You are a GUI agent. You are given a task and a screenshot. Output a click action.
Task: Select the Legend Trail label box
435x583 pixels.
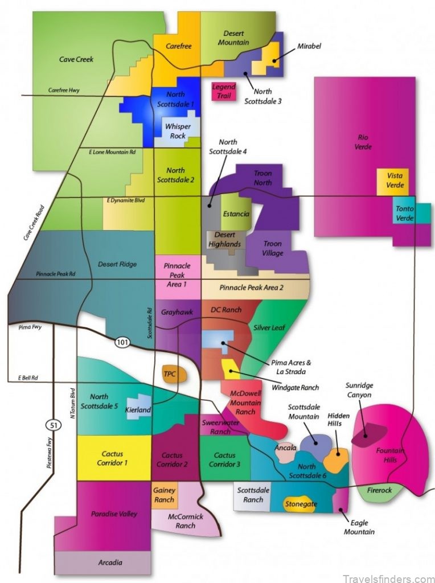pos(223,91)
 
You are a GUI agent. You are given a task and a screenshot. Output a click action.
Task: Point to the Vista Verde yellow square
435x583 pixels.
pos(395,181)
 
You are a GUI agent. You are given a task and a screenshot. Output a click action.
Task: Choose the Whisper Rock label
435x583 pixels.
pos(177,131)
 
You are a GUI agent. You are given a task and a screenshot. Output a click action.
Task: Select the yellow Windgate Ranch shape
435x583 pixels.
pos(231,369)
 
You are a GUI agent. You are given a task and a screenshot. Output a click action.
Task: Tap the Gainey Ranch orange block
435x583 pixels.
pos(164,495)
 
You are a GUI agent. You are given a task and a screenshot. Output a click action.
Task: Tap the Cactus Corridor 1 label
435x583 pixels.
pos(113,459)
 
